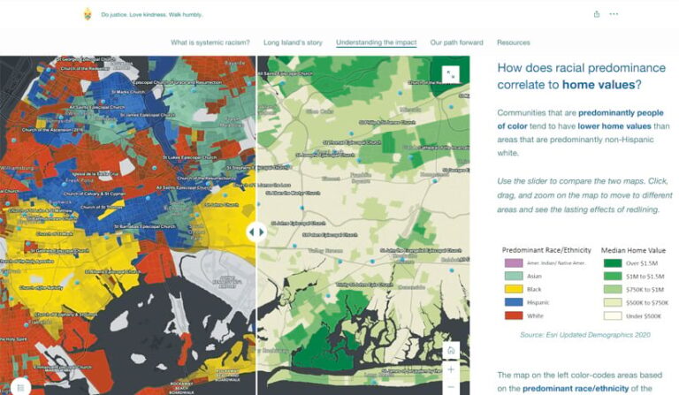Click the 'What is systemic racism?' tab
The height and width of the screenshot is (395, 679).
210,42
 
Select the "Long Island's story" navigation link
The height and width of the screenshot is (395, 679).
293,42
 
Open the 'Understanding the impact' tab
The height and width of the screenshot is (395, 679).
377,42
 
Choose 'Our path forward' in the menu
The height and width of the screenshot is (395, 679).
456,42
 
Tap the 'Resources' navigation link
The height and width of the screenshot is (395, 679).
514,42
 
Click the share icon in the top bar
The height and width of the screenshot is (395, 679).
597,14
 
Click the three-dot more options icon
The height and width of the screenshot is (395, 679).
614,14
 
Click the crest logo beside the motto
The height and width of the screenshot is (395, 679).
87,14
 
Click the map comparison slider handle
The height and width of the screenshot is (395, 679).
256,232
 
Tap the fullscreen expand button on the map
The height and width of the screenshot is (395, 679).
451,75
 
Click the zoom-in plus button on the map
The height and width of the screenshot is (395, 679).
451,368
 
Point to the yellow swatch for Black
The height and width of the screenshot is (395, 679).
512,289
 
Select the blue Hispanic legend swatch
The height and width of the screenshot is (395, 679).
512,302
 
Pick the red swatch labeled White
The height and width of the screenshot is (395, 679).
512,315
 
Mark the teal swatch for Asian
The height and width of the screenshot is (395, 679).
512,276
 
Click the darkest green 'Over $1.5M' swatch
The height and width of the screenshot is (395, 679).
612,262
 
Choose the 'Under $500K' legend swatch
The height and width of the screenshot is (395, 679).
612,315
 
